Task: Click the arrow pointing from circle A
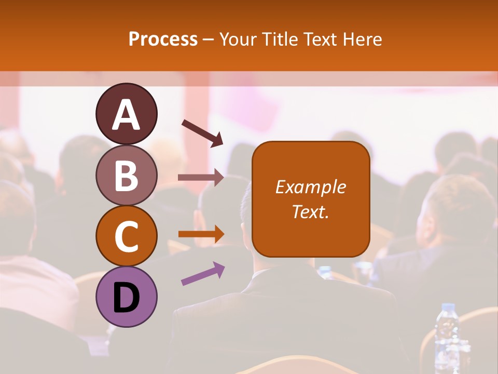(x=202, y=132)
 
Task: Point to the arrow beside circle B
(x=201, y=177)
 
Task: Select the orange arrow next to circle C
(x=201, y=234)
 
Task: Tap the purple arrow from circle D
(x=203, y=274)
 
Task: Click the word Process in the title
(x=163, y=39)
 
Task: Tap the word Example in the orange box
(x=311, y=187)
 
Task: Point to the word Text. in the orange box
(x=311, y=212)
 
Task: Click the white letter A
(x=126, y=115)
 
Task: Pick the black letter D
(x=126, y=298)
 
